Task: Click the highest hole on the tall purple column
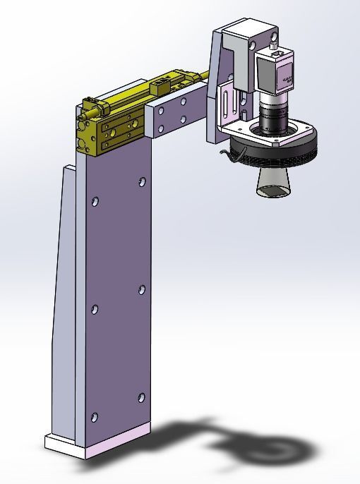click(x=143, y=182)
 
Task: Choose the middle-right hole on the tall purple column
click(x=142, y=289)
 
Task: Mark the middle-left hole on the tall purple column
click(x=95, y=308)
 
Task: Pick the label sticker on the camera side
click(x=288, y=79)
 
